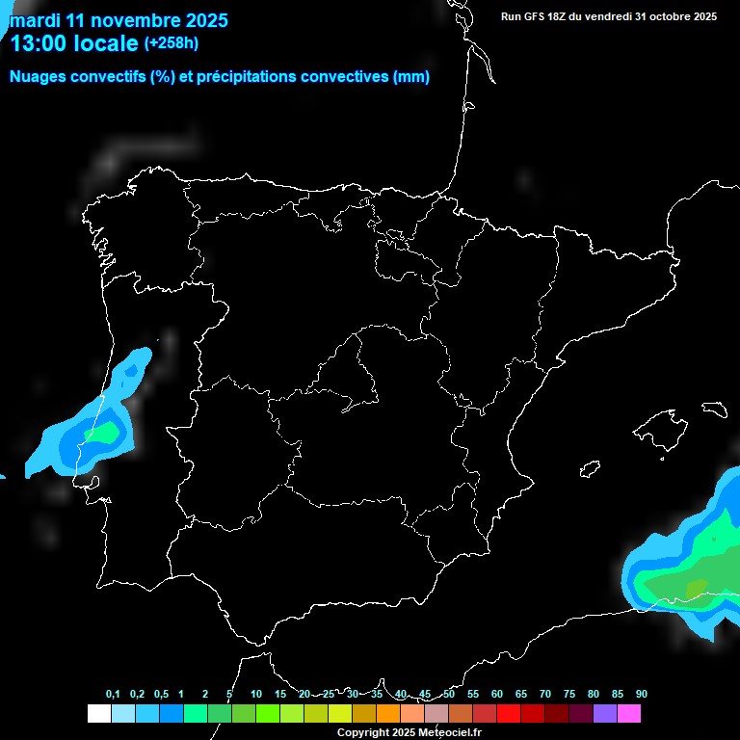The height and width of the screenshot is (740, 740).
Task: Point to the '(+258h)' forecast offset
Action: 171,43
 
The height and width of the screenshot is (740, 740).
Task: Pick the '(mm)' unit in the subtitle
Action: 411,77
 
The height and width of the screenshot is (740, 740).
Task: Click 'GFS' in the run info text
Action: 538,16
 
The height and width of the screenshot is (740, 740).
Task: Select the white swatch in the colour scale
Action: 98,714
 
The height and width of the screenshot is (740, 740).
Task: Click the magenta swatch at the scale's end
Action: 629,714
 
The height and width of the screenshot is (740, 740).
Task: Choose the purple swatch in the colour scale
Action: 605,714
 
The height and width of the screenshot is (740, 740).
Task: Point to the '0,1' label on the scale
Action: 113,694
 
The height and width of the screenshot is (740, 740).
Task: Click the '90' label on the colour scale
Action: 642,694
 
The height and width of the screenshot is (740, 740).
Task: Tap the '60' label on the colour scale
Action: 497,694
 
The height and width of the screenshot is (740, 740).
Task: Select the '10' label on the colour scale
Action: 256,694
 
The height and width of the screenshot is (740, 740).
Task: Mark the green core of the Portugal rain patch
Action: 101,433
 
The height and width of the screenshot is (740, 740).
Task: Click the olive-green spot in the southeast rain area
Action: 695,586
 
